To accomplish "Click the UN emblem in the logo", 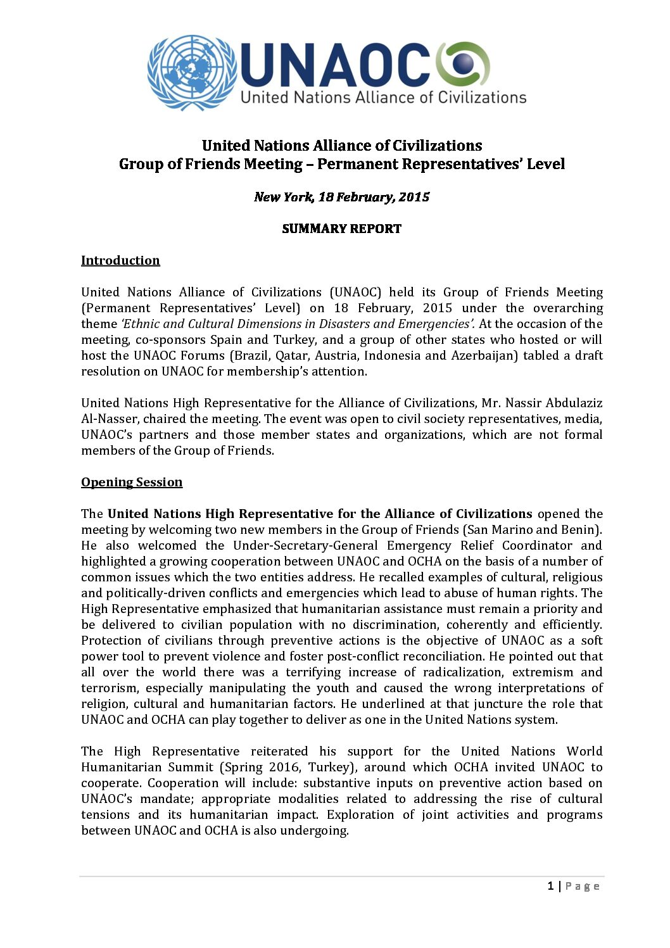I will pyautogui.click(x=192, y=72).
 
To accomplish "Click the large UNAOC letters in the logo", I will pyautogui.click(x=336, y=65).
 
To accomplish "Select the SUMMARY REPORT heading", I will pyautogui.click(x=341, y=229).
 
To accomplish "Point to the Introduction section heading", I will pyautogui.click(x=120, y=260).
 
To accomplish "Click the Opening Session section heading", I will pyautogui.click(x=132, y=482).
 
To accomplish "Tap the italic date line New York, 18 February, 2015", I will pyautogui.click(x=341, y=197).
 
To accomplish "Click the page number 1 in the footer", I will pyautogui.click(x=550, y=886).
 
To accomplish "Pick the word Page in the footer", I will pyautogui.click(x=583, y=886).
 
